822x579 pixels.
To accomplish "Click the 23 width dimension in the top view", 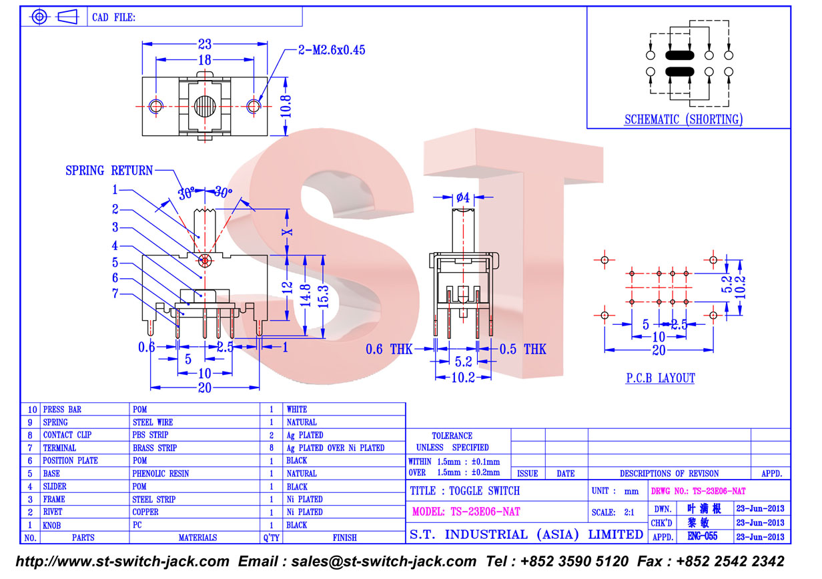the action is [x=205, y=44].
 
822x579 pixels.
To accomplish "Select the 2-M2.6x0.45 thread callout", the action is [x=332, y=50].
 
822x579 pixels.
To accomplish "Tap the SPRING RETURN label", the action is [x=109, y=170].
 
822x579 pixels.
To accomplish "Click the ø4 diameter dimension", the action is [x=463, y=197].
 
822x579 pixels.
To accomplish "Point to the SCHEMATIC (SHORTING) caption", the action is [x=684, y=119].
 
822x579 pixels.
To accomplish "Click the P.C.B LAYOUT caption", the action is [x=661, y=378].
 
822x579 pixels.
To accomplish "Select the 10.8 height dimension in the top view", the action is [x=286, y=107].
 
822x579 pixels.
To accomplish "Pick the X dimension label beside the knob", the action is [x=287, y=232].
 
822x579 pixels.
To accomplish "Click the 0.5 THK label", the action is [x=523, y=349].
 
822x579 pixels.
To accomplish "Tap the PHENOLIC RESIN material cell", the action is [x=161, y=474].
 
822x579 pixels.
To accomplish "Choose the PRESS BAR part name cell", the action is [x=62, y=410].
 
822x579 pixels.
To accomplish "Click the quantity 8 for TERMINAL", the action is [x=272, y=448].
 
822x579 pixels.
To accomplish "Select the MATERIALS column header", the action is [x=197, y=538].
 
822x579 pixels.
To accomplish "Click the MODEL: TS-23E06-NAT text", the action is [x=466, y=512].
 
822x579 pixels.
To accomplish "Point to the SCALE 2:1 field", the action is [x=612, y=512].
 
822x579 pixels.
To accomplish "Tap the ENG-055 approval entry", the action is [x=703, y=536].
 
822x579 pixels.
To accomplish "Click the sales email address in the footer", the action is [x=384, y=562].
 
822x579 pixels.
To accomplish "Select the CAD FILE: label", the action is [x=113, y=17].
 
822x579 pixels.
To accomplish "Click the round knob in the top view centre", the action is [x=205, y=107].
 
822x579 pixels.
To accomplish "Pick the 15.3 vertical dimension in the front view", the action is [x=323, y=296].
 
